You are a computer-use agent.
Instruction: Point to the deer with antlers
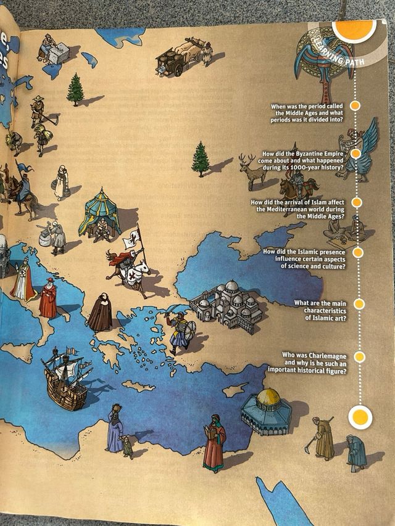tap(253, 172)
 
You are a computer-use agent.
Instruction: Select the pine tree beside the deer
tap(200, 158)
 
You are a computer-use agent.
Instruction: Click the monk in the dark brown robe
tap(100, 311)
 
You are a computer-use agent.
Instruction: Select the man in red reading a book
tap(214, 442)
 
